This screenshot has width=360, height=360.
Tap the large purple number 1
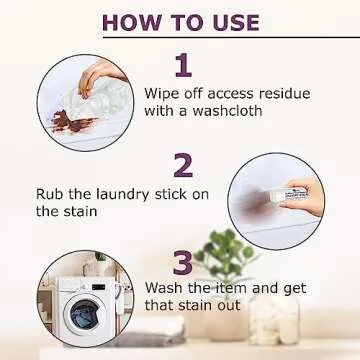[x=181, y=66]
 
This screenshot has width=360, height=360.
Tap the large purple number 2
[x=182, y=165]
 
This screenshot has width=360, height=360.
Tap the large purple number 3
[x=181, y=263]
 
